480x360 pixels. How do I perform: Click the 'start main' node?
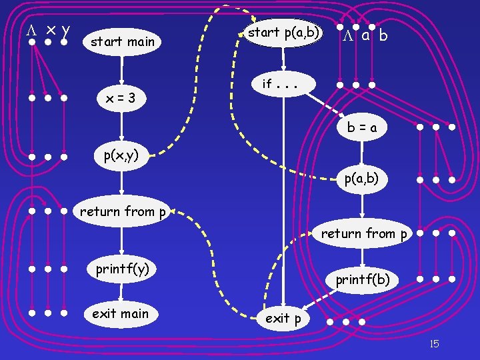point(122,41)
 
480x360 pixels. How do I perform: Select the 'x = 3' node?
point(121,98)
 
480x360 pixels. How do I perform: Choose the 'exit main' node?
point(121,313)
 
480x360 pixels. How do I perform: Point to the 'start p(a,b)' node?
point(284,32)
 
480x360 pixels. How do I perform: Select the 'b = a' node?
point(361,127)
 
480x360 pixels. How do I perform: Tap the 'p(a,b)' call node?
point(362,179)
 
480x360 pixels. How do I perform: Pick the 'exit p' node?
point(283,319)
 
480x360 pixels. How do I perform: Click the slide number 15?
point(434,344)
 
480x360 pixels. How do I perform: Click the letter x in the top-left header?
point(50,31)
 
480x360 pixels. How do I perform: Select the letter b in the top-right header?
point(383,36)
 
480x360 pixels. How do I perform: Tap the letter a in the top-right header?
point(365,35)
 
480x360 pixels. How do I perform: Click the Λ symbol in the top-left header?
point(30,30)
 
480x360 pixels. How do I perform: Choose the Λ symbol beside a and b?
point(348,36)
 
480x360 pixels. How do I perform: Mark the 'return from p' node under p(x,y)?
point(123,212)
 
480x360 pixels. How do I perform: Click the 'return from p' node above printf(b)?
point(364,233)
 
